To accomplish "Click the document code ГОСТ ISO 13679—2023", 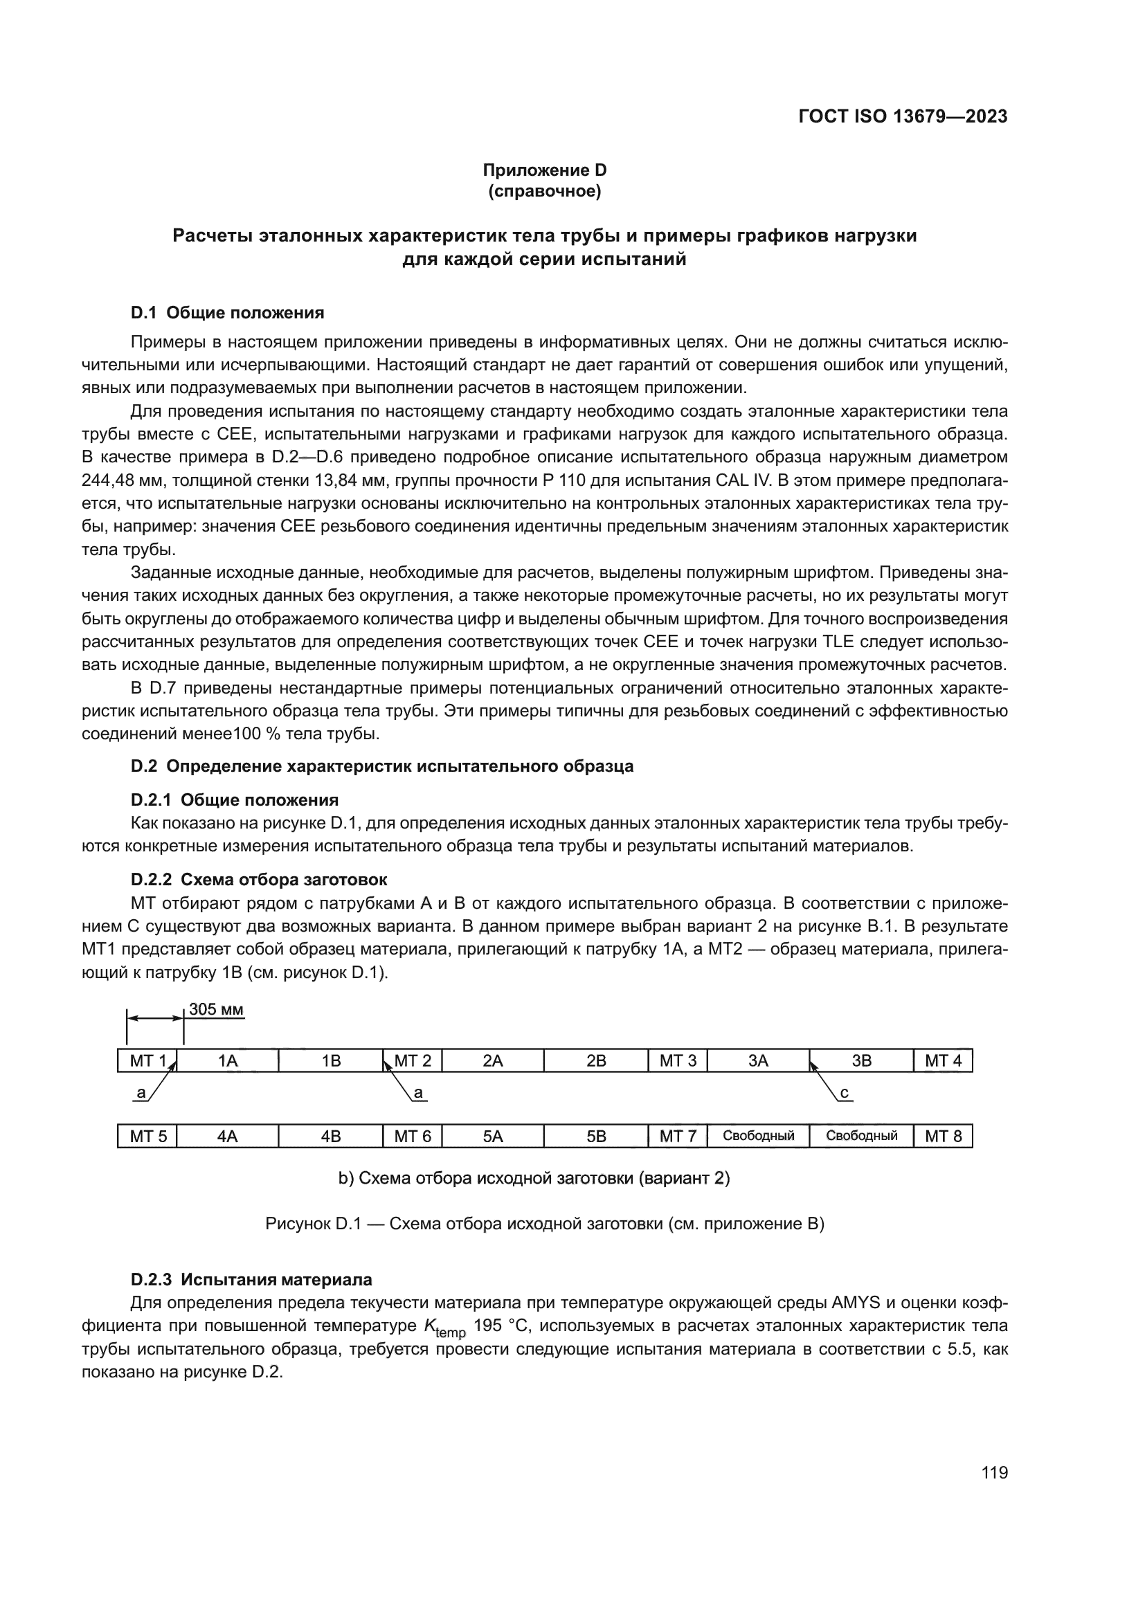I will tap(903, 116).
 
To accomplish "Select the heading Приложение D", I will tap(544, 170).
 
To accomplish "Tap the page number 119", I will tap(994, 1473).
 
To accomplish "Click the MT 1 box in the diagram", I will tap(147, 1060).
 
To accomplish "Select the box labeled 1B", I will tap(331, 1060).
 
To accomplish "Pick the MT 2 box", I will tap(413, 1060).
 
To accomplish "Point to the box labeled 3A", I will tap(758, 1060).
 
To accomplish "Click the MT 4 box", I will tap(943, 1060).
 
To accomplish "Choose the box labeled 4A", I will tap(227, 1136).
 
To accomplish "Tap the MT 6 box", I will tap(413, 1136).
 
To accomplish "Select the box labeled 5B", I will tap(596, 1136).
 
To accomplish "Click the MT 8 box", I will tap(943, 1136).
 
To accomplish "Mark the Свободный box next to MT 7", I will tap(758, 1136).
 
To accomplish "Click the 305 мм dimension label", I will tap(216, 1010).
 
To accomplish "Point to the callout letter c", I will tap(844, 1094).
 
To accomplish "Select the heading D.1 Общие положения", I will tap(227, 312).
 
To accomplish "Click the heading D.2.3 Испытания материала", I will tap(251, 1279).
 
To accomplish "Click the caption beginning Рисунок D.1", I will tap(544, 1223).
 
